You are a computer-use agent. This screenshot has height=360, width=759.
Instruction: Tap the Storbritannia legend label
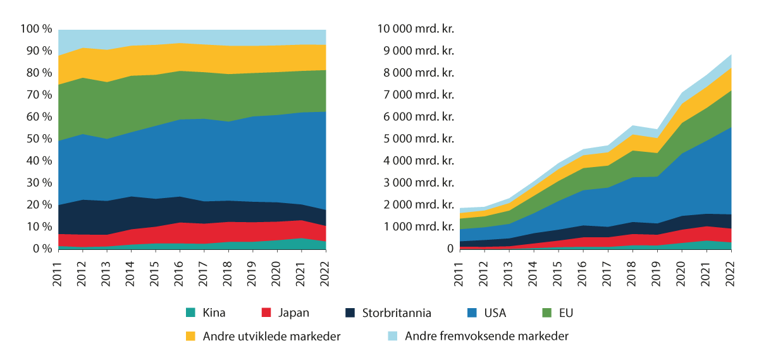point(397,313)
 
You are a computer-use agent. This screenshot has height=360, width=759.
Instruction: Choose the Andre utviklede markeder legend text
point(271,336)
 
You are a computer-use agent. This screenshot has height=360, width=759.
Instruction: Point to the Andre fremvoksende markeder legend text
point(486,336)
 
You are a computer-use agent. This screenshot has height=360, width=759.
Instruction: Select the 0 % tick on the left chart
point(40,249)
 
